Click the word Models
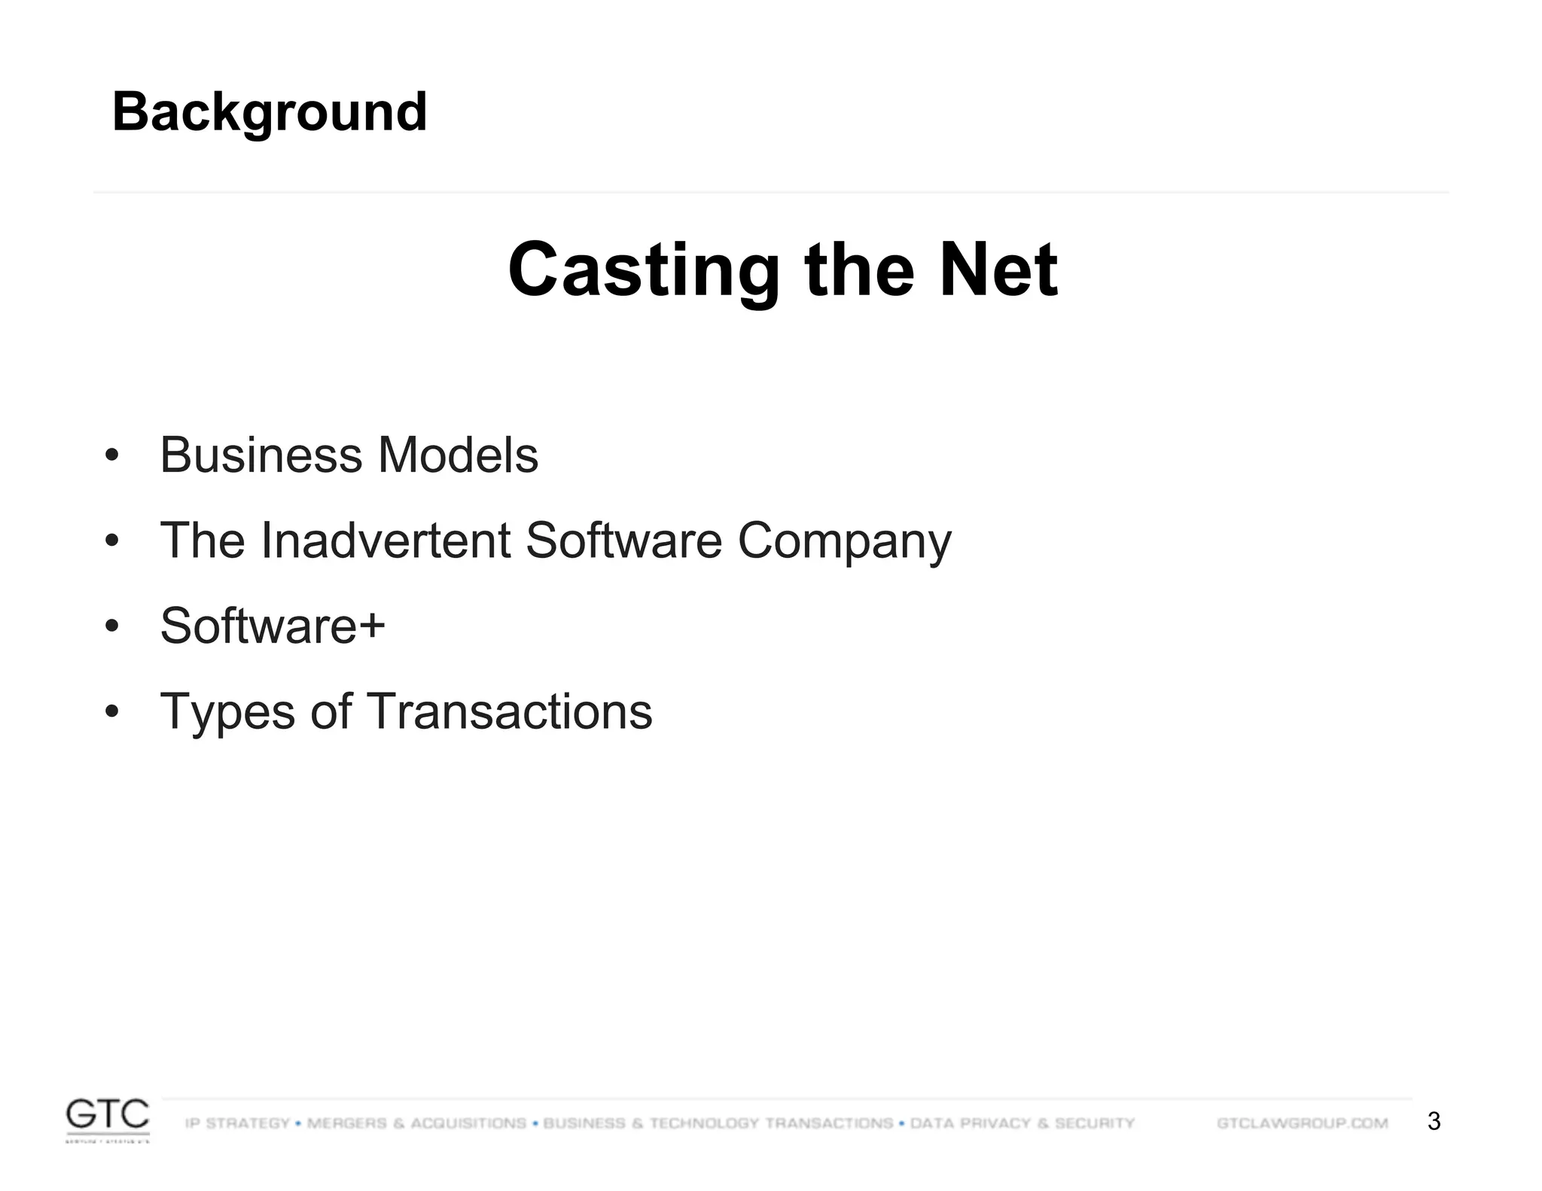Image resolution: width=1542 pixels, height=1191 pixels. tap(458, 455)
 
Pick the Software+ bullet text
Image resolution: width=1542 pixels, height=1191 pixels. tap(273, 626)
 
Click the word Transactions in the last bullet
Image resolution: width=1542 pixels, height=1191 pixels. tap(510, 711)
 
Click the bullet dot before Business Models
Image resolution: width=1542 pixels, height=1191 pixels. tap(112, 455)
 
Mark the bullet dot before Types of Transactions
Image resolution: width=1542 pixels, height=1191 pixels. tap(112, 711)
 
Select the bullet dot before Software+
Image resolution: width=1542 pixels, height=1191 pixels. tap(112, 626)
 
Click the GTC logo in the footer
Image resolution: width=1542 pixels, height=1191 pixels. tap(108, 1119)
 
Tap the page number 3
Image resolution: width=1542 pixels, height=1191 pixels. tap(1434, 1122)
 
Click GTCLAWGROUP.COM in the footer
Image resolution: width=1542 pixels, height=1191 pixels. tap(1302, 1123)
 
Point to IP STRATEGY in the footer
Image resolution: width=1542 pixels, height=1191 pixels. tap(237, 1123)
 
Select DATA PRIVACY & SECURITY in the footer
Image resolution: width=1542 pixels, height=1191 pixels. tap(1022, 1123)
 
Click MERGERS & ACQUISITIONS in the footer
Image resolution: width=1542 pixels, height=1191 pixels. tap(416, 1123)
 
